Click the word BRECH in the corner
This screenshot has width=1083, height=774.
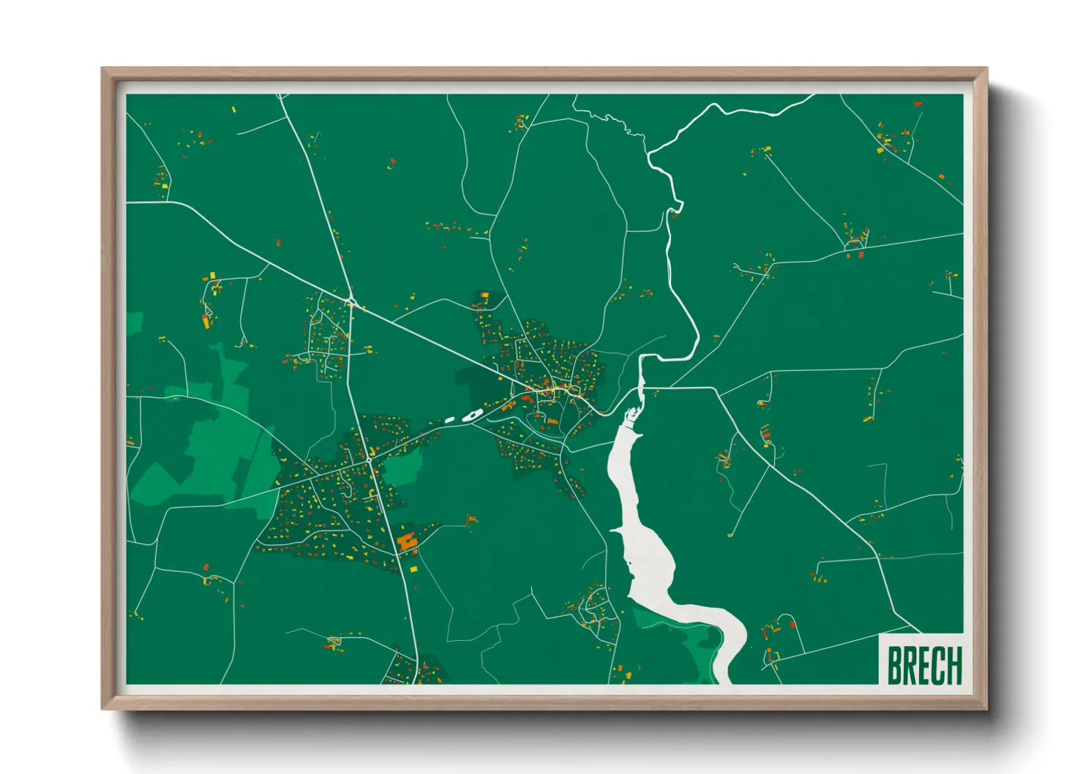[x=923, y=665]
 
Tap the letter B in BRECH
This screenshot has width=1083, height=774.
[x=894, y=665]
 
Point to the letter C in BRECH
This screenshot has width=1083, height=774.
[x=937, y=665]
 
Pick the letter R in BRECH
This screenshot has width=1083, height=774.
[x=909, y=665]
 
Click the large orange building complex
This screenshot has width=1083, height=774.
[x=407, y=542]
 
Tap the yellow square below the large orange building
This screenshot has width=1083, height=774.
[x=413, y=568]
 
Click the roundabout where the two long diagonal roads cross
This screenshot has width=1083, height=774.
[x=352, y=302]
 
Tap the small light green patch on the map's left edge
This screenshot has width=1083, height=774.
[x=135, y=322]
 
